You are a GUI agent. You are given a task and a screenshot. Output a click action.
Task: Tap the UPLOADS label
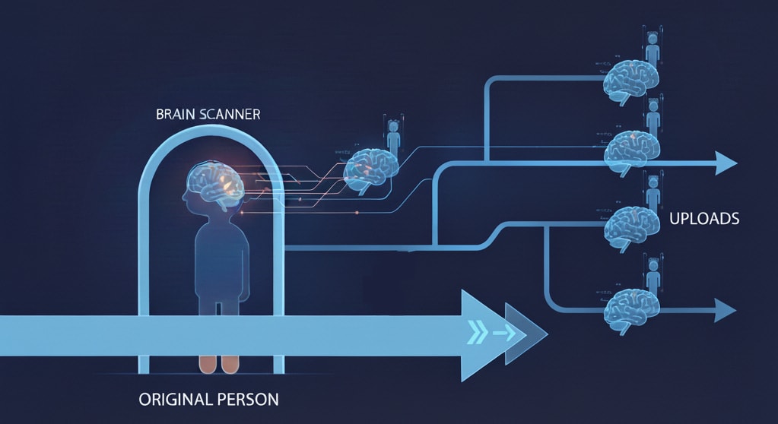tap(704, 219)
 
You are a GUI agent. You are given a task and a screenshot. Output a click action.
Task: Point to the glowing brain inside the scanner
tap(216, 183)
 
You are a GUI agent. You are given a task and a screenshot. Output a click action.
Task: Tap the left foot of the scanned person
tap(207, 364)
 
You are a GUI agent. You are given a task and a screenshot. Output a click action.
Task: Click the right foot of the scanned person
tap(230, 364)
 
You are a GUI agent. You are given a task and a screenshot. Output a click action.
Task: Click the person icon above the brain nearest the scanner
tap(393, 138)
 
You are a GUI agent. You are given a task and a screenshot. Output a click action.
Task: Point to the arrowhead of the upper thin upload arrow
tap(726, 162)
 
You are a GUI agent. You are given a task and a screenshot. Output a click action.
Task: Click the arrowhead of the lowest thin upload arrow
tap(726, 310)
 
